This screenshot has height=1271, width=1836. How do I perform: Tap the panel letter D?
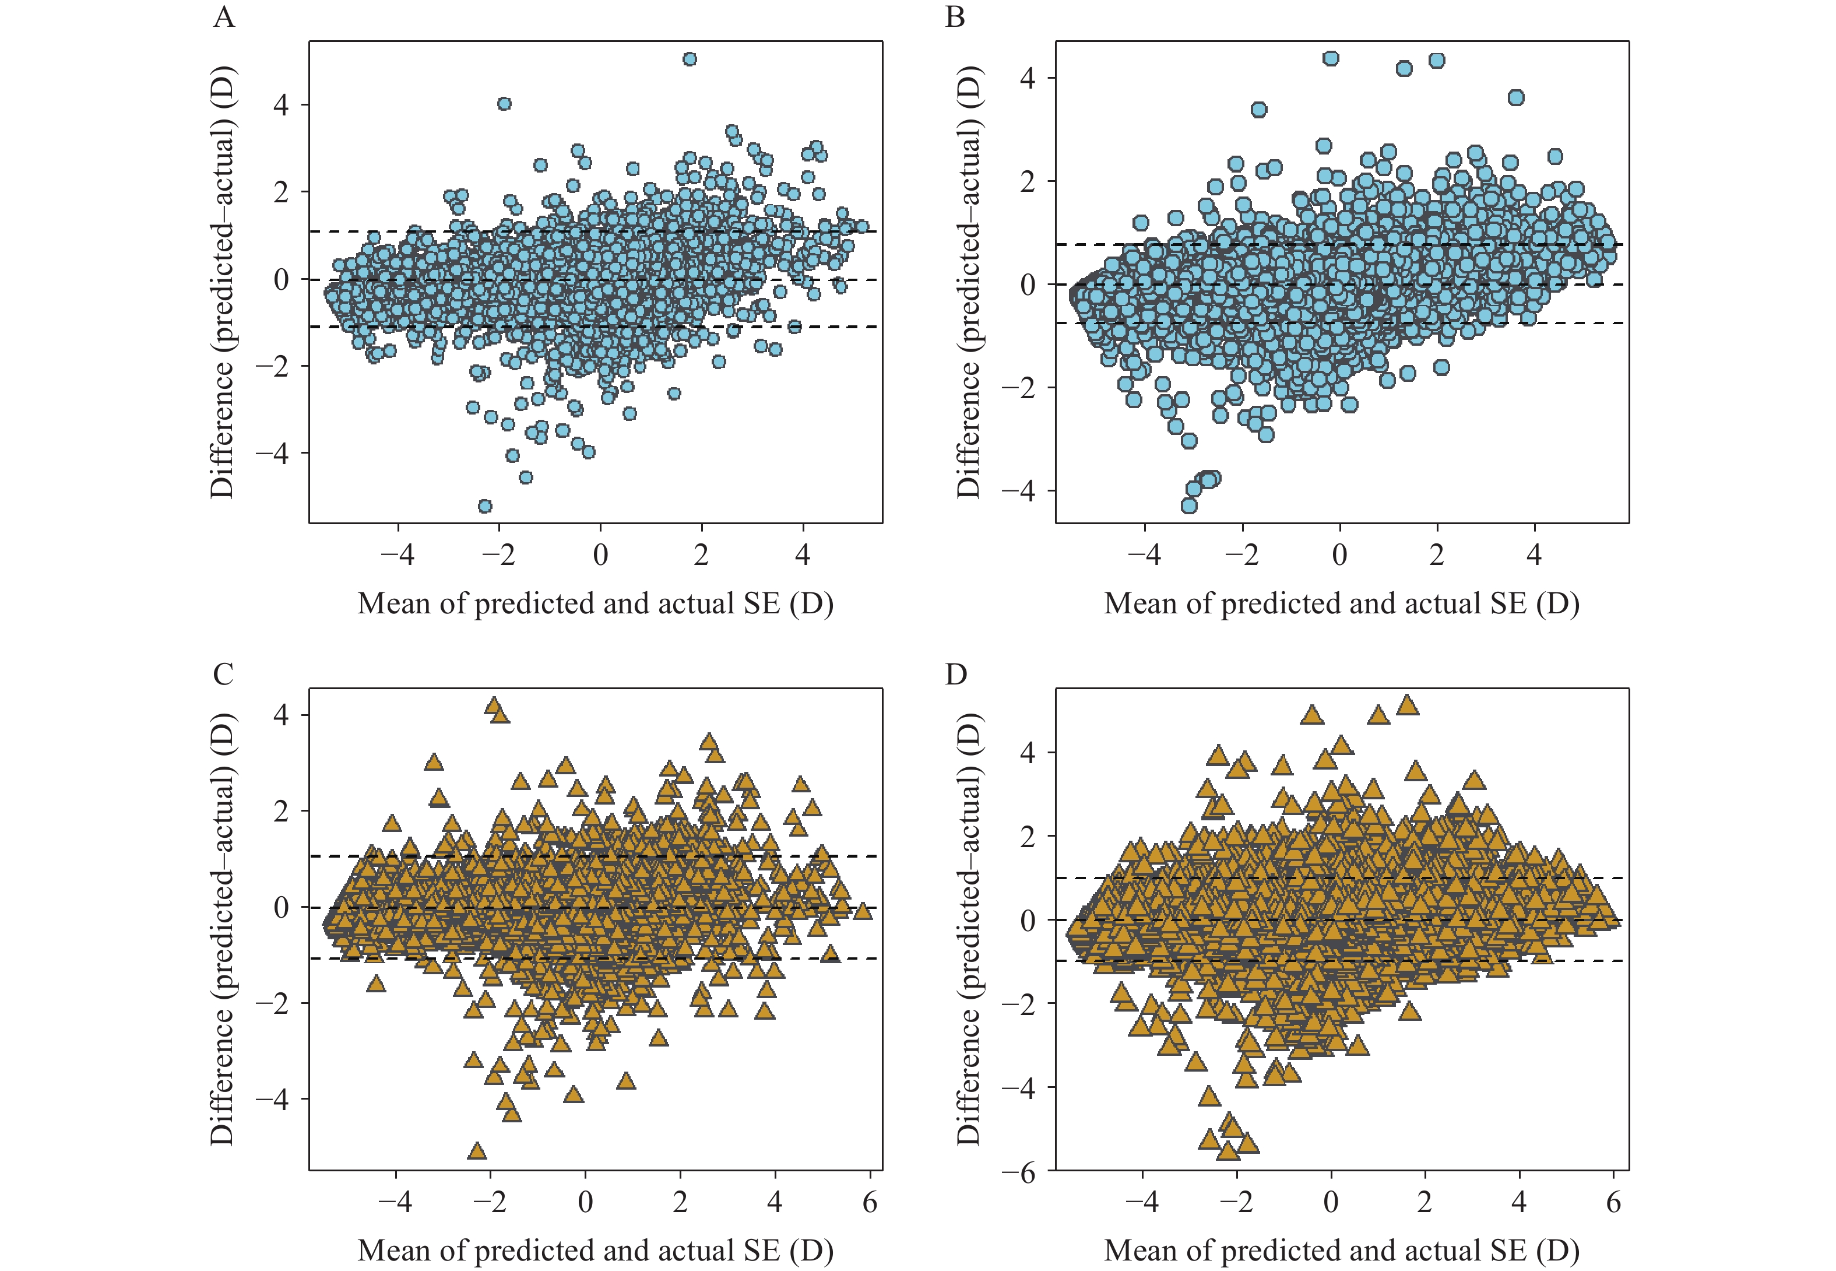955,674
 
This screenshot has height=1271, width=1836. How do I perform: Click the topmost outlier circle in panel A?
690,59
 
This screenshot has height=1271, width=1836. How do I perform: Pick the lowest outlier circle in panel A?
484,505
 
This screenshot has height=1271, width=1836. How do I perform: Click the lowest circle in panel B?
1188,505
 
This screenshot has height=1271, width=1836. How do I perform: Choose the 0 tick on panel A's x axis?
600,554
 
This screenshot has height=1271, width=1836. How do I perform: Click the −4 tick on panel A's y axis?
272,453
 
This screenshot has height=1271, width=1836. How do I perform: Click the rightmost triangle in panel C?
862,910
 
